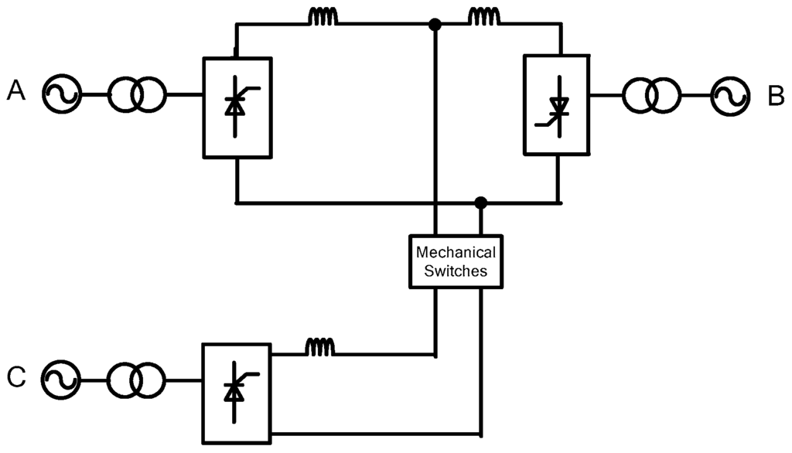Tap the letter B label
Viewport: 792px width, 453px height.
[x=776, y=95]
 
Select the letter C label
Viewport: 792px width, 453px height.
[x=16, y=378]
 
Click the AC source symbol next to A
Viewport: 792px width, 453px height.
[x=62, y=95]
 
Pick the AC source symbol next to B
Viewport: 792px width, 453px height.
[x=730, y=95]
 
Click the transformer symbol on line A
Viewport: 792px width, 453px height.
[x=136, y=95]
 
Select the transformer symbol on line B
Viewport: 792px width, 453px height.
[x=653, y=95]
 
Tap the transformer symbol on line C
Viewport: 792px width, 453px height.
[x=136, y=380]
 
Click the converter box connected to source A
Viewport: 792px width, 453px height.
[x=237, y=107]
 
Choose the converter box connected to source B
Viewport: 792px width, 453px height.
[x=556, y=104]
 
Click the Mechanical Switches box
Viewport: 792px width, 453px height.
[x=456, y=261]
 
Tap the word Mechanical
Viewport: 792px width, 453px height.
[x=456, y=252]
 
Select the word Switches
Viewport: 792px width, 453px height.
[x=456, y=271]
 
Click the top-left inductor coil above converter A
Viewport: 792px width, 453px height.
[x=323, y=17]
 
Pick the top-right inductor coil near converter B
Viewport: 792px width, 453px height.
[x=484, y=17]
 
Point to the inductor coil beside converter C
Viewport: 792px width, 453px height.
[x=321, y=348]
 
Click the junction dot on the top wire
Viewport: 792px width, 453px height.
[x=435, y=25]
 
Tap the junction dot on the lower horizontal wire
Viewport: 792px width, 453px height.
[x=481, y=203]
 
